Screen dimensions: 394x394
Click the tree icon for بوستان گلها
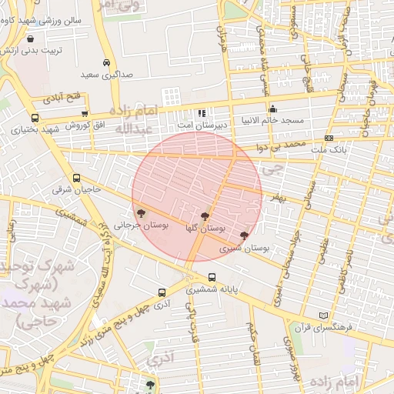[x=205, y=217]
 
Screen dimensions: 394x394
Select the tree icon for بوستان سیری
[x=244, y=235]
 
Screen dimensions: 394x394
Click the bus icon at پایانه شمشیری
[x=212, y=279]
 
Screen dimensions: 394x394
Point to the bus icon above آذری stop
[x=162, y=292]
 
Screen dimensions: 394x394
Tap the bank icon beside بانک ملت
[x=329, y=138]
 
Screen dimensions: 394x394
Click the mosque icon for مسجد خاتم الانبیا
[x=272, y=109]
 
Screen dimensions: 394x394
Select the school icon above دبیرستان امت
[x=202, y=113]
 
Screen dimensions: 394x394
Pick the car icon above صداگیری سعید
[x=106, y=63]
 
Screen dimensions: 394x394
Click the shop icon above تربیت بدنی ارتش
[x=29, y=38]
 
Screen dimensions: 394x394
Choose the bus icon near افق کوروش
[x=34, y=118]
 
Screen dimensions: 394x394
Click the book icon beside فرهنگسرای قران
[x=322, y=316]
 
